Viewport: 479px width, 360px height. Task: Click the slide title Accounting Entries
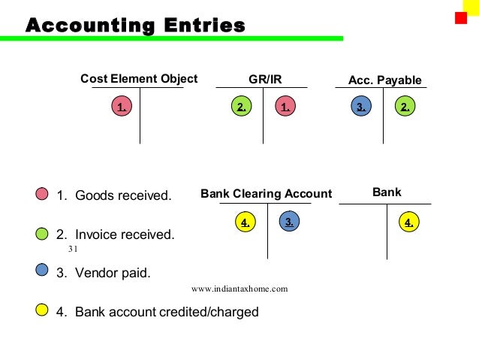point(135,26)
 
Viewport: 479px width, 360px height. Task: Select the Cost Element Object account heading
point(139,78)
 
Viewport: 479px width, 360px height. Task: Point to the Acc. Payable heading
point(385,80)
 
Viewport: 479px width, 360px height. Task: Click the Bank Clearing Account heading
point(266,193)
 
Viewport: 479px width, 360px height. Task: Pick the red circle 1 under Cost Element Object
point(121,107)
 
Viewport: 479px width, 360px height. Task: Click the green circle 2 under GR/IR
point(241,107)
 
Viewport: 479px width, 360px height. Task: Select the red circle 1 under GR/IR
point(285,107)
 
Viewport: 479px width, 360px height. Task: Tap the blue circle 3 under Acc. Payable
point(361,107)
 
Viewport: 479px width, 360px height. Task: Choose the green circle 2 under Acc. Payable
point(405,107)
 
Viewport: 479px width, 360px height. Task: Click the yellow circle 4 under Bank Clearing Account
point(245,222)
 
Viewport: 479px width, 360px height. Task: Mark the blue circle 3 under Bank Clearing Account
point(289,220)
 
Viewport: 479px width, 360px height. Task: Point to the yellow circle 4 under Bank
point(408,222)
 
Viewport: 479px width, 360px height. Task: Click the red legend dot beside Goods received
point(42,195)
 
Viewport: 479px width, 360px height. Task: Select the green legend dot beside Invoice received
point(42,234)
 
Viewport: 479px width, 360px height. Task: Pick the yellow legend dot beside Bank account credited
point(42,310)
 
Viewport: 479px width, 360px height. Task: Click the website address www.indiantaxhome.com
point(239,289)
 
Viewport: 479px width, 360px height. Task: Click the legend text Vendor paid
point(104,273)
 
